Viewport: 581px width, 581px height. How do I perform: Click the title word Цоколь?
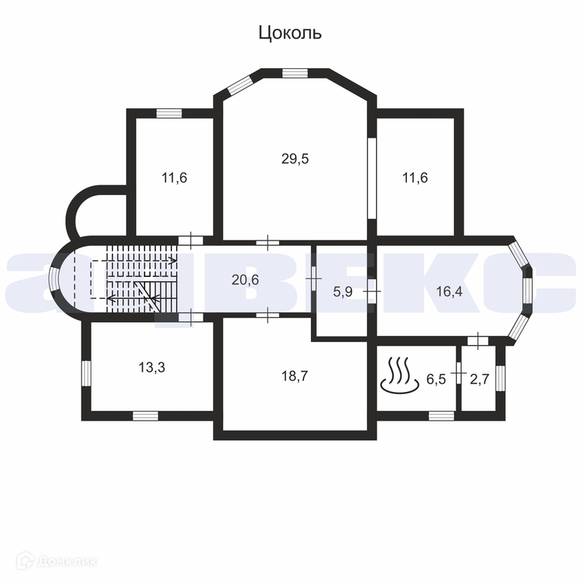[290, 33]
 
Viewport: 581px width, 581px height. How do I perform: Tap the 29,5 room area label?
[295, 159]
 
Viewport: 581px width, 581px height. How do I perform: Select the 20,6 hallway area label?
[245, 279]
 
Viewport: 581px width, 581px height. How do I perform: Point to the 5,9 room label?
[343, 290]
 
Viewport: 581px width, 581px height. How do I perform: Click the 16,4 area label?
[449, 290]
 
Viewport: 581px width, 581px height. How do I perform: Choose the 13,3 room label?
[152, 368]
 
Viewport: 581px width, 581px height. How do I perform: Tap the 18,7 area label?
[294, 375]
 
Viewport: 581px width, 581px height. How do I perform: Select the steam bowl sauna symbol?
[398, 376]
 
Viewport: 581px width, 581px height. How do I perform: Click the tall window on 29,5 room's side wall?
[371, 179]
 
